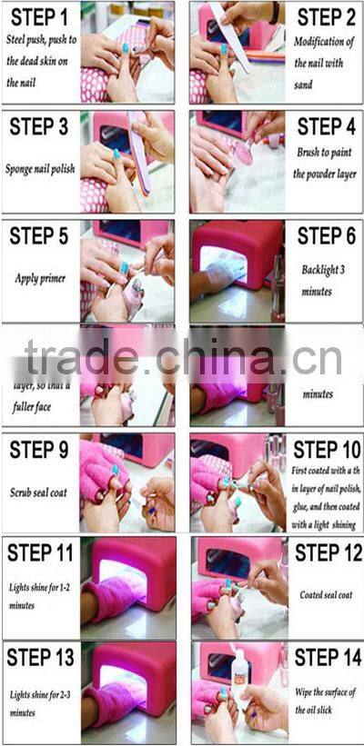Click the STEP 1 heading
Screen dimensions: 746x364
coord(38,17)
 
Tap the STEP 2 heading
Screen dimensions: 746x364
coord(324,17)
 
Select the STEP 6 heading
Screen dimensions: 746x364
coord(325,237)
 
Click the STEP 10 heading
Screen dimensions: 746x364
coord(326,450)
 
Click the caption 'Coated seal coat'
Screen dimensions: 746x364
coord(325,595)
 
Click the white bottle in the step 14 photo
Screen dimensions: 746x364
coord(242,677)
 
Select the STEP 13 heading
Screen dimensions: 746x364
coord(40,657)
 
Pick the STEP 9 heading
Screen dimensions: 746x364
coord(38,450)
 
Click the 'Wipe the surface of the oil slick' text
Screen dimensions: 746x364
coord(325,703)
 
